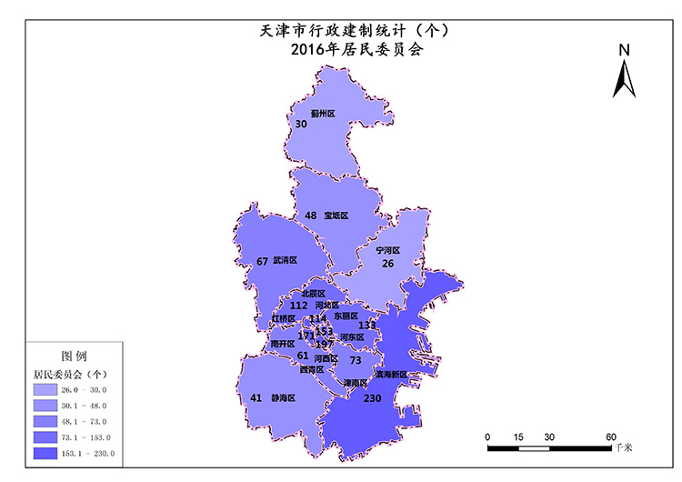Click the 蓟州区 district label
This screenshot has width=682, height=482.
click(323, 114)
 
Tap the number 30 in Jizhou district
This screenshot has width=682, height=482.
click(301, 124)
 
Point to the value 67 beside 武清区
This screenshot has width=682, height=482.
click(263, 261)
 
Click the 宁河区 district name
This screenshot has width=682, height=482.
click(388, 249)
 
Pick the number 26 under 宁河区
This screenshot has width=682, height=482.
click(388, 264)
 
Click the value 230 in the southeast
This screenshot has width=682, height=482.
click(373, 398)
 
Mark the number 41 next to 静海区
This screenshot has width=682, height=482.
click(256, 398)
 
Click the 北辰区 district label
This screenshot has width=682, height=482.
click(313, 294)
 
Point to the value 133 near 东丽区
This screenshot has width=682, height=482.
click(367, 325)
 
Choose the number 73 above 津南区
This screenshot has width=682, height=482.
click(356, 360)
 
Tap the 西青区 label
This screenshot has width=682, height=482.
click(311, 369)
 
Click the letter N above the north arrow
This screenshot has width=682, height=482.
click(624, 51)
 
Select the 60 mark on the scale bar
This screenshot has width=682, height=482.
click(611, 437)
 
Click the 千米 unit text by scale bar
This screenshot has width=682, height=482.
click(623, 447)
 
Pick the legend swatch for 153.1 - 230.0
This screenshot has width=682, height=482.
click(46, 453)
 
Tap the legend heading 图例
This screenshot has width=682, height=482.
click(73, 356)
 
